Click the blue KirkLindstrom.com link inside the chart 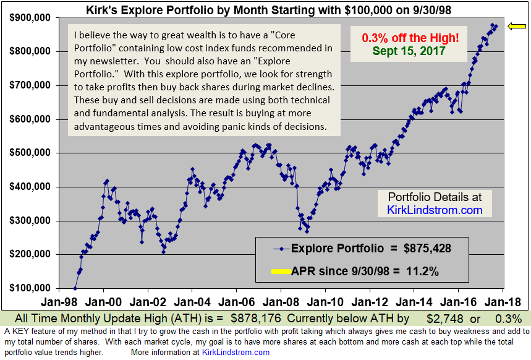tap(435, 210)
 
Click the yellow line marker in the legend tap(280, 270)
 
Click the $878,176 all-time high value tap(256, 319)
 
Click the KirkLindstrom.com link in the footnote tap(236, 352)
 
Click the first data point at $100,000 tap(75, 288)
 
